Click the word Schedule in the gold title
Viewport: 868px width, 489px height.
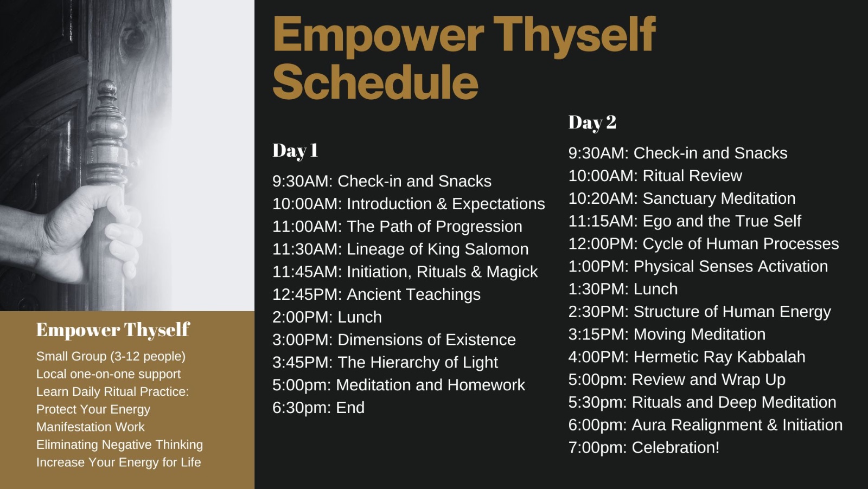click(375, 82)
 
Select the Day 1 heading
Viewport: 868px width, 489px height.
click(295, 151)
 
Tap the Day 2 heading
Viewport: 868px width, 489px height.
click(592, 123)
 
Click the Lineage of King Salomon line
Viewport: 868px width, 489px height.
click(400, 249)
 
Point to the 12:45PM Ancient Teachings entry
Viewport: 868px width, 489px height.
click(376, 294)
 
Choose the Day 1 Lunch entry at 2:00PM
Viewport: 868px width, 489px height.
click(327, 317)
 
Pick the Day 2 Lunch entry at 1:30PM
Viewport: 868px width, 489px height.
click(623, 289)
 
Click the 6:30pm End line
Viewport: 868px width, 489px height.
click(318, 408)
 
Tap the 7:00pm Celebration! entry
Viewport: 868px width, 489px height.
click(644, 448)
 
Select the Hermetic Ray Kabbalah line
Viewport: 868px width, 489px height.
click(687, 357)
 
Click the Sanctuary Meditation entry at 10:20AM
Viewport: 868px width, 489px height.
click(682, 198)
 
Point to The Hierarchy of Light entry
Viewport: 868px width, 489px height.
click(385, 362)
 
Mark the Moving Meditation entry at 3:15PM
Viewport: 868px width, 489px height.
click(667, 334)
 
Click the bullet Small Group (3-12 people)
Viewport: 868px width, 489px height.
click(111, 356)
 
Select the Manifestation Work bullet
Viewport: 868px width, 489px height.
click(90, 427)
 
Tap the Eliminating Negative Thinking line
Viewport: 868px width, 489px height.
click(119, 445)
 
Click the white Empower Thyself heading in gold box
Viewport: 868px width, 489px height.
click(113, 330)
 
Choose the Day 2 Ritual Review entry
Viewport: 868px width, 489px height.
click(655, 176)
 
